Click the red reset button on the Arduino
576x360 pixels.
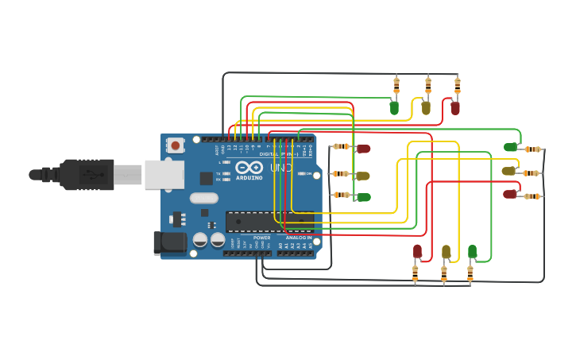pyautogui.click(x=175, y=145)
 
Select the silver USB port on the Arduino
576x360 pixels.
pyautogui.click(x=164, y=174)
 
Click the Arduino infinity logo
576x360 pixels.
pyautogui.click(x=249, y=168)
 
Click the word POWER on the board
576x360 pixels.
pyautogui.click(x=261, y=238)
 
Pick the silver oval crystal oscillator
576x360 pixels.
pyautogui.click(x=203, y=199)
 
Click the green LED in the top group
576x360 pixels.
pyautogui.click(x=394, y=107)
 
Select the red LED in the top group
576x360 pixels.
pyautogui.click(x=455, y=107)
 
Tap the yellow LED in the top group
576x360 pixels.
pyautogui.click(x=426, y=107)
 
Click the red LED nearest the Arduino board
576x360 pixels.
pyautogui.click(x=363, y=149)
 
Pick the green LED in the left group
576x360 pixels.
pyautogui.click(x=363, y=197)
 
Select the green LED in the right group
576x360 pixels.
pyautogui.click(x=510, y=147)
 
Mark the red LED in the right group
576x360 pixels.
pyautogui.click(x=510, y=194)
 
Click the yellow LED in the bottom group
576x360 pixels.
pyautogui.click(x=446, y=252)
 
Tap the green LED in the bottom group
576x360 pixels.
pyautogui.click(x=472, y=252)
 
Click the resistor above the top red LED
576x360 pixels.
pyautogui.click(x=457, y=84)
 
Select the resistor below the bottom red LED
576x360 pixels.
pyautogui.click(x=415, y=273)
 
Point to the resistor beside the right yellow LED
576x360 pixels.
pyautogui.click(x=532, y=172)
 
